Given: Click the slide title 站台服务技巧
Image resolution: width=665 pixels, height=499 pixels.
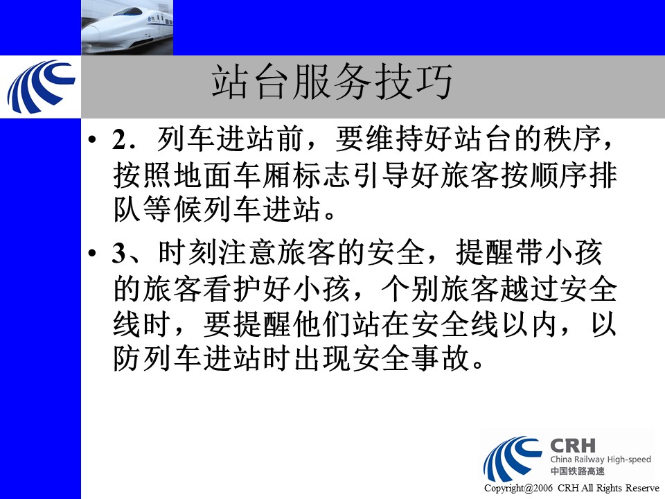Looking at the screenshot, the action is point(332,82).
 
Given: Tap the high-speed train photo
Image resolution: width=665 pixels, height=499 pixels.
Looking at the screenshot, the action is point(127,28).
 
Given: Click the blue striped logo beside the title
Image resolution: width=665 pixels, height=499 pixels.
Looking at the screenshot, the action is point(41,87).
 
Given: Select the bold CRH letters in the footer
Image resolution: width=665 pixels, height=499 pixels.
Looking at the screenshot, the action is point(573,446).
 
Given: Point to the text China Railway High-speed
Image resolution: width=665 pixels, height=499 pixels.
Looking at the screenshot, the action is point(601,459).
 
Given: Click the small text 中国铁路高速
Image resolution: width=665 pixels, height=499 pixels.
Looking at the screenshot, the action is point(577,471).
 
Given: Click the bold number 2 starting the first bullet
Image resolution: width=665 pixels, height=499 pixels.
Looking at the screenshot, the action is point(118,139).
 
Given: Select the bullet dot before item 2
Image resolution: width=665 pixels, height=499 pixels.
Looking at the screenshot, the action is point(92,140).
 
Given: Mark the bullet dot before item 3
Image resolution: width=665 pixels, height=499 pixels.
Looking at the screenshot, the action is point(92,254).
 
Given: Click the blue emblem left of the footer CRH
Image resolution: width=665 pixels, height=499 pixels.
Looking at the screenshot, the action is point(513,458).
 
